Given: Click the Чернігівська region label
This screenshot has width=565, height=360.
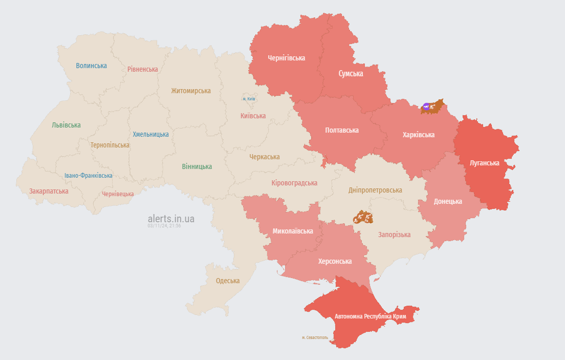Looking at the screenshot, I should [286, 58].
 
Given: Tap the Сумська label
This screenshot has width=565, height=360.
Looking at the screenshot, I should [351, 74].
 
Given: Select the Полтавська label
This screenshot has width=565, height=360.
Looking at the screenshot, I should [342, 130].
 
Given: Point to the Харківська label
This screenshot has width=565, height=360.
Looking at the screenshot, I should [419, 135].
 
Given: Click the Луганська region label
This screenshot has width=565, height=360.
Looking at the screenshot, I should [484, 163].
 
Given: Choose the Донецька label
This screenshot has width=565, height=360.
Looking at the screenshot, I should [448, 201].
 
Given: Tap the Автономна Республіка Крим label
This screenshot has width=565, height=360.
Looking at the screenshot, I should [370, 316].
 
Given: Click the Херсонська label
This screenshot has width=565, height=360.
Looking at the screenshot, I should [335, 261].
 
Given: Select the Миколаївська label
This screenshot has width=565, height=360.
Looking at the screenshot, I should [293, 231].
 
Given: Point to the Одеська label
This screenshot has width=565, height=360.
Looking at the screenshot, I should [228, 281].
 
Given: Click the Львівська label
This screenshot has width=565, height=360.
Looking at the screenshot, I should [66, 125].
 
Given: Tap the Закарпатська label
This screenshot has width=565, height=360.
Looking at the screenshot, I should [49, 191].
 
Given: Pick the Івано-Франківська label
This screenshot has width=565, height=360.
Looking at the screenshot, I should [89, 176].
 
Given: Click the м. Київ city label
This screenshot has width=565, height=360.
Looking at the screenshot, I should [249, 99].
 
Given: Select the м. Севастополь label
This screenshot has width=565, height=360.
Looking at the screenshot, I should [315, 337].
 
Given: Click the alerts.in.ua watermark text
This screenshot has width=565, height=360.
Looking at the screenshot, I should [171, 219].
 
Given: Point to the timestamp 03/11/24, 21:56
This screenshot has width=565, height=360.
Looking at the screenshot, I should [164, 226].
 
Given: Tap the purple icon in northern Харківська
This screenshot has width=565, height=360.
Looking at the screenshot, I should [426, 107].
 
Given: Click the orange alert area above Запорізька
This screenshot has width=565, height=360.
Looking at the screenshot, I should [363, 217].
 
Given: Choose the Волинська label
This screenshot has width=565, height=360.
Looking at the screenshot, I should [91, 66].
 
